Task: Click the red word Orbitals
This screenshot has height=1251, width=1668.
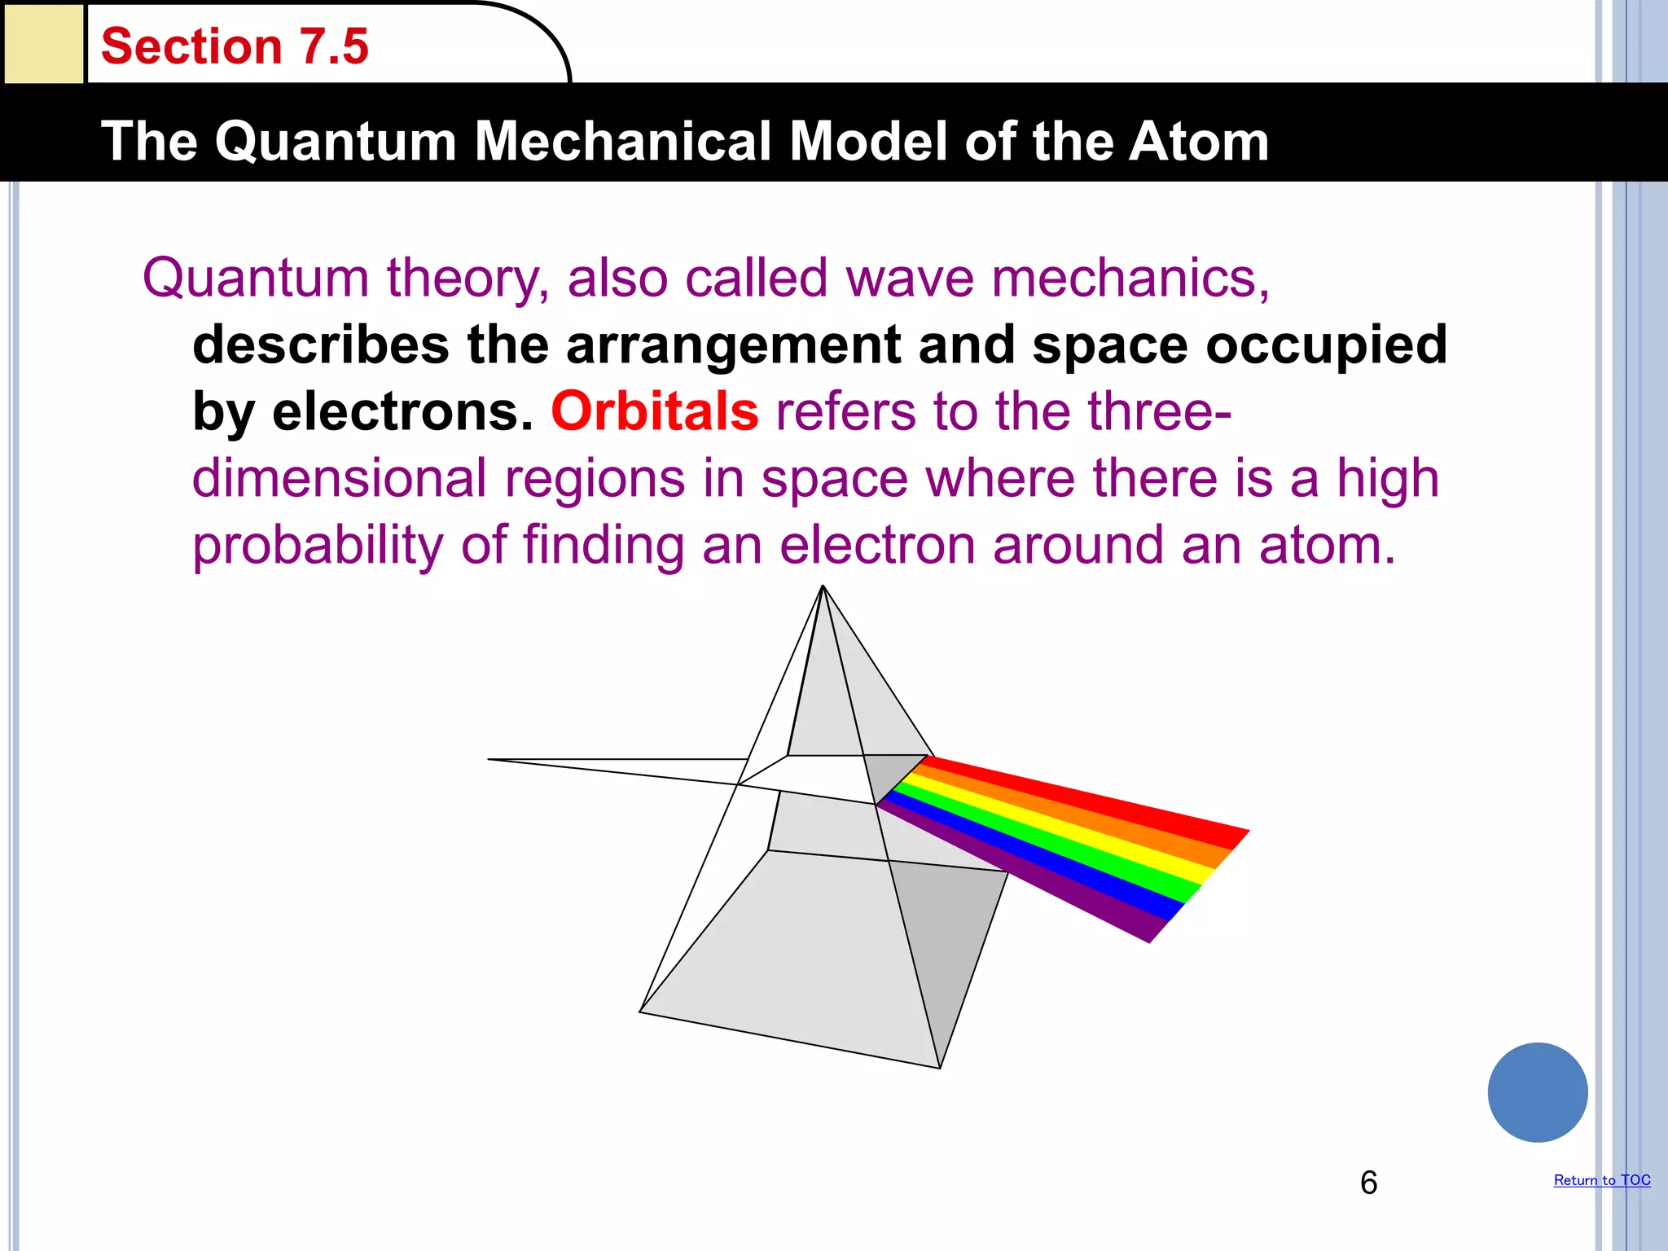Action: pos(655,411)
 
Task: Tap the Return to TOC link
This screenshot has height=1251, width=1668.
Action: pos(1601,1180)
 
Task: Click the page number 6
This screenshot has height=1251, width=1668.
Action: pos(1368,1183)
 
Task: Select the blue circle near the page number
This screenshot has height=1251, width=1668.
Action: pos(1537,1092)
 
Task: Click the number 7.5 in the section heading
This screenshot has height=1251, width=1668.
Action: pos(334,46)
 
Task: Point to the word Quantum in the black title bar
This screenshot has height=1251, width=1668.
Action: pos(336,142)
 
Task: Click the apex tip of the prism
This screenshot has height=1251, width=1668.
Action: pos(823,587)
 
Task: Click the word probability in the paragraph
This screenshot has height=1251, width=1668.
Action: pos(318,546)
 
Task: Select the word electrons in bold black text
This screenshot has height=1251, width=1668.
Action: pos(402,412)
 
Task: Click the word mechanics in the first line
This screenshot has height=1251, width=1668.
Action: pos(1130,279)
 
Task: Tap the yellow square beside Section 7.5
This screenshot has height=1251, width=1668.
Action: pos(43,42)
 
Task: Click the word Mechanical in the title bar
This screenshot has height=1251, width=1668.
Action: pos(622,142)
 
